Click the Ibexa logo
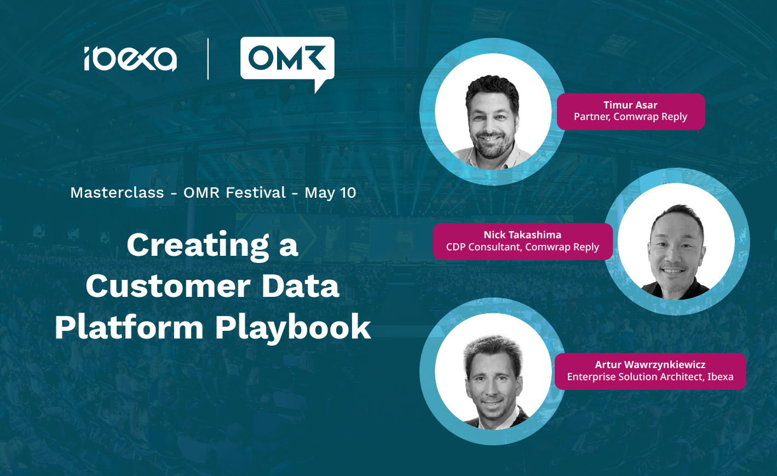pyautogui.click(x=130, y=59)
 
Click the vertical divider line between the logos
pyautogui.click(x=208, y=59)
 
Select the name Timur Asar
pyautogui.click(x=630, y=105)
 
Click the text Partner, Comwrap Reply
pyautogui.click(x=630, y=117)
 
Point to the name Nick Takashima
pyautogui.click(x=522, y=235)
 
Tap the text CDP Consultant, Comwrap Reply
pyautogui.click(x=522, y=247)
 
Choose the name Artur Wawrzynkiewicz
pyautogui.click(x=650, y=365)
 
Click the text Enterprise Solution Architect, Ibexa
pyautogui.click(x=650, y=377)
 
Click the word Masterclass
pyautogui.click(x=117, y=193)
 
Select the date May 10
pyautogui.click(x=330, y=193)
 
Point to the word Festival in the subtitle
pyautogui.click(x=256, y=193)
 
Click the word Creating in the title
pyautogui.click(x=198, y=245)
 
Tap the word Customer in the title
pyautogui.click(x=168, y=286)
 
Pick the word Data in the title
pyautogui.click(x=301, y=286)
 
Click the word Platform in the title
pyautogui.click(x=129, y=327)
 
